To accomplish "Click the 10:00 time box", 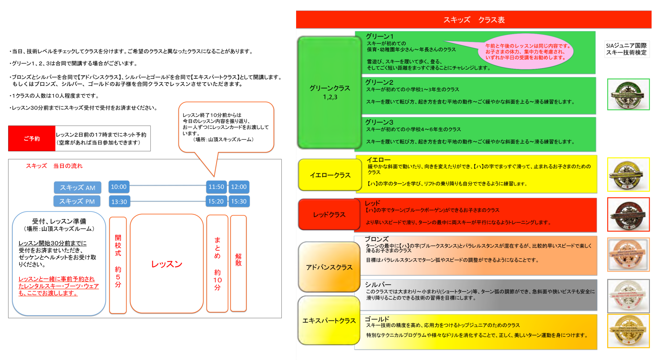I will pos(119,187).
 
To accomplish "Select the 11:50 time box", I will pos(216,187).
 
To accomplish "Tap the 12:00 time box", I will pos(239,187).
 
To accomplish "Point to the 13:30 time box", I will pos(119,202).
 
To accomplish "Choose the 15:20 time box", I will pos(216,201).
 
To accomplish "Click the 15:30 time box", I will pos(239,201).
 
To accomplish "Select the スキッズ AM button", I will pos(77,188).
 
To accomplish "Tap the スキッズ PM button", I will pos(77,201).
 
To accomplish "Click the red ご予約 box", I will pos(32,139).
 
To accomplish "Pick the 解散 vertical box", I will pos(238,263).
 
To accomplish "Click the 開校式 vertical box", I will pos(118,265).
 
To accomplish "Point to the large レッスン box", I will pos(166,263).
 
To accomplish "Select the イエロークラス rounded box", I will pos(330,175).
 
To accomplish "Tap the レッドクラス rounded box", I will pos(329,215).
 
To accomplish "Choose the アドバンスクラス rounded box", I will pos(329,267).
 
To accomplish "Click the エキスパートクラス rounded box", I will pos(329,320).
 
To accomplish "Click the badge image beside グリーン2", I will pos(628,95).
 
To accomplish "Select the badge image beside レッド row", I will pos(628,215).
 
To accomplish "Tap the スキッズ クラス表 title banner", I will pos(474,19).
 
